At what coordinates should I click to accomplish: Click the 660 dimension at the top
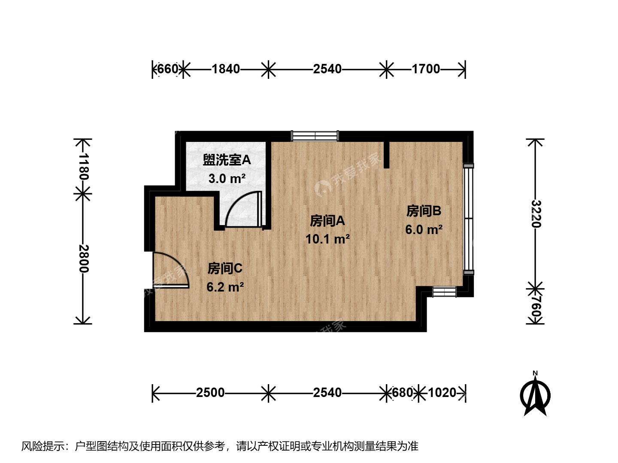coord(168,69)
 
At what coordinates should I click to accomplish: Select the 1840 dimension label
coord(225,69)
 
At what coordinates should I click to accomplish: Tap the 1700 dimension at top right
coord(426,69)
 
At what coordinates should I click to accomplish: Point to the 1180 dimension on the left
coord(84,166)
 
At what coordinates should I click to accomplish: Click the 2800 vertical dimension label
coord(84,259)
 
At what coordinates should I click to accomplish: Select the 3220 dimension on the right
coord(536,213)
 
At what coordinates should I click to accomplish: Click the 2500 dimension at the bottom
coord(210,392)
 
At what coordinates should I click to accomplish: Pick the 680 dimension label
coord(403,392)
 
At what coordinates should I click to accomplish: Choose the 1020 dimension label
coord(442,392)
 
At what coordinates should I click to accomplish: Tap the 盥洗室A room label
coord(227,160)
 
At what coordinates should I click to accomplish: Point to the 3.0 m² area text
coord(227,178)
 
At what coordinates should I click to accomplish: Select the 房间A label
coord(327,221)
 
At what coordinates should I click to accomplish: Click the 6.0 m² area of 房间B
coord(424,230)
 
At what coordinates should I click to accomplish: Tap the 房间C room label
coord(225,268)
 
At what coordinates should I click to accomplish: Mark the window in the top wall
coord(315,136)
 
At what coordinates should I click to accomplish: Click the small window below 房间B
coord(444,292)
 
